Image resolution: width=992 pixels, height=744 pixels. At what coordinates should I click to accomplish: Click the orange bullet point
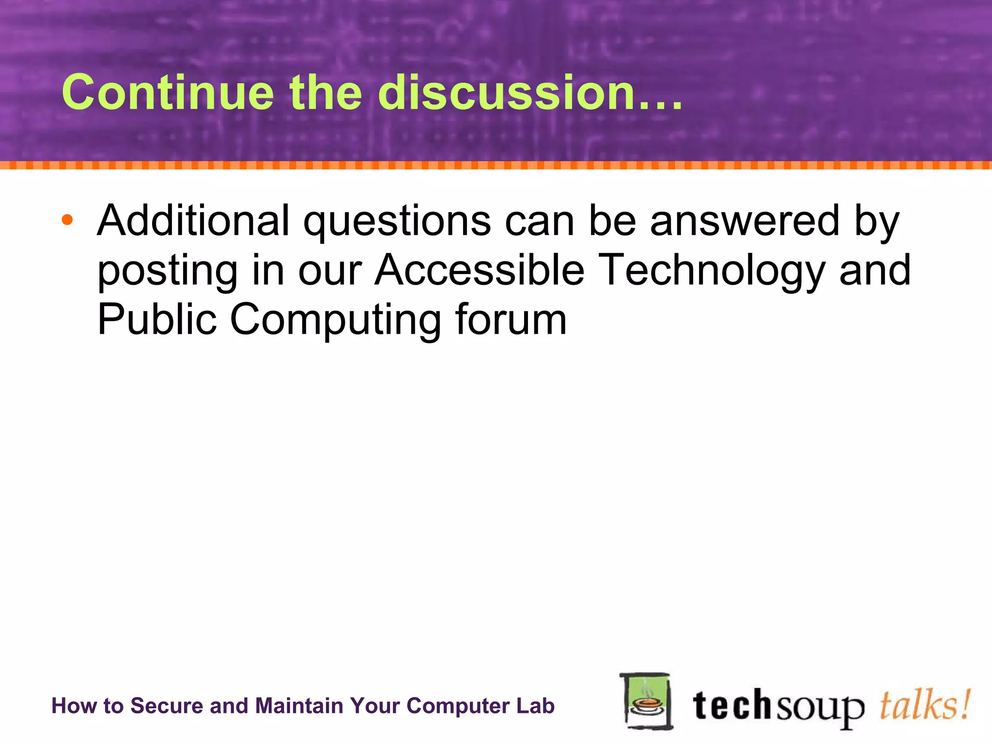(x=67, y=220)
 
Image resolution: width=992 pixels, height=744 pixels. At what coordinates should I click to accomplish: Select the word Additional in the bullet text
(x=193, y=220)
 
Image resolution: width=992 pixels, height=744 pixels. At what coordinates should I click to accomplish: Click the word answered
(x=744, y=220)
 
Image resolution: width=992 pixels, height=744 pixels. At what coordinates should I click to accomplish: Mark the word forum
(x=511, y=319)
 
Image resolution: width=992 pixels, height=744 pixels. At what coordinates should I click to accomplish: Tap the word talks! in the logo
(x=924, y=705)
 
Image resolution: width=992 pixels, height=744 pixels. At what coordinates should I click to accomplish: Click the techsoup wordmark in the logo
(x=778, y=707)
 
